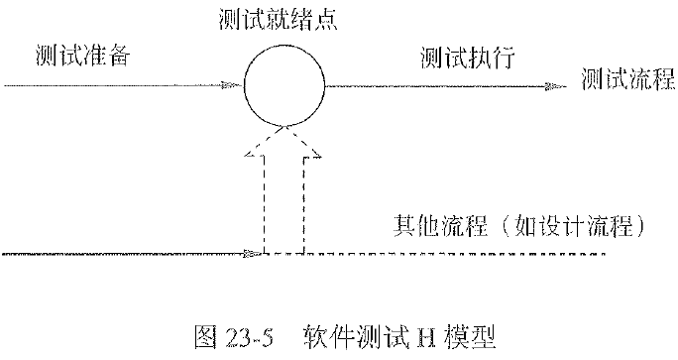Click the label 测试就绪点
click(283, 19)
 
